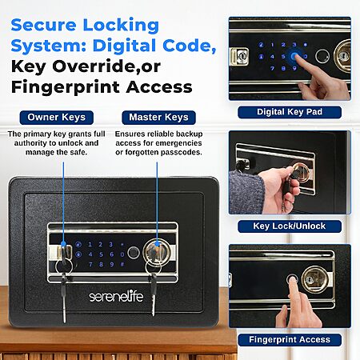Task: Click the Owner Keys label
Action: tap(57, 118)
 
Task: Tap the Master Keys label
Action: tap(158, 118)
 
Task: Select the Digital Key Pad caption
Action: tap(290, 112)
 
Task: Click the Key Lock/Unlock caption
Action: tap(290, 226)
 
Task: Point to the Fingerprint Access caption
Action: tap(290, 340)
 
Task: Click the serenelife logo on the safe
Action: tap(116, 297)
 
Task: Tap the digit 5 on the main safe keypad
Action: tap(101, 254)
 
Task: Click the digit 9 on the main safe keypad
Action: tap(112, 264)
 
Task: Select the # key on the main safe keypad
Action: tap(122, 264)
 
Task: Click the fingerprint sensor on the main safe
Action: tap(133, 252)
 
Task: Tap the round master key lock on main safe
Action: tap(157, 252)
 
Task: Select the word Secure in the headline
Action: tap(43, 25)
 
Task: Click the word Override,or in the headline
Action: tap(106, 66)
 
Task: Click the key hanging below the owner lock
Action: tap(64, 298)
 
